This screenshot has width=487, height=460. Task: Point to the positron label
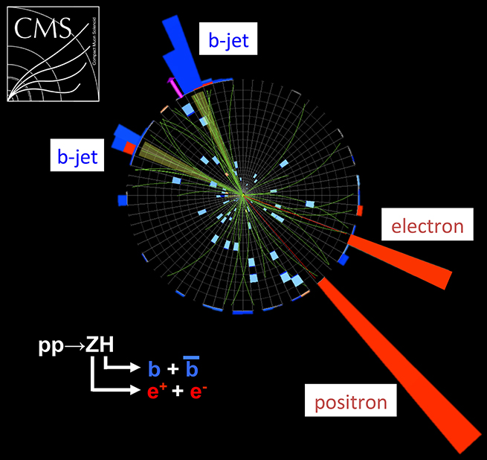point(350,403)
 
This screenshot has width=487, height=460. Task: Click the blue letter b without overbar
point(155,368)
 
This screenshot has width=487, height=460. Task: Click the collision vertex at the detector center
point(242,196)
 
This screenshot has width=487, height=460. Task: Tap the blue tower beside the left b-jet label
point(119,138)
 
